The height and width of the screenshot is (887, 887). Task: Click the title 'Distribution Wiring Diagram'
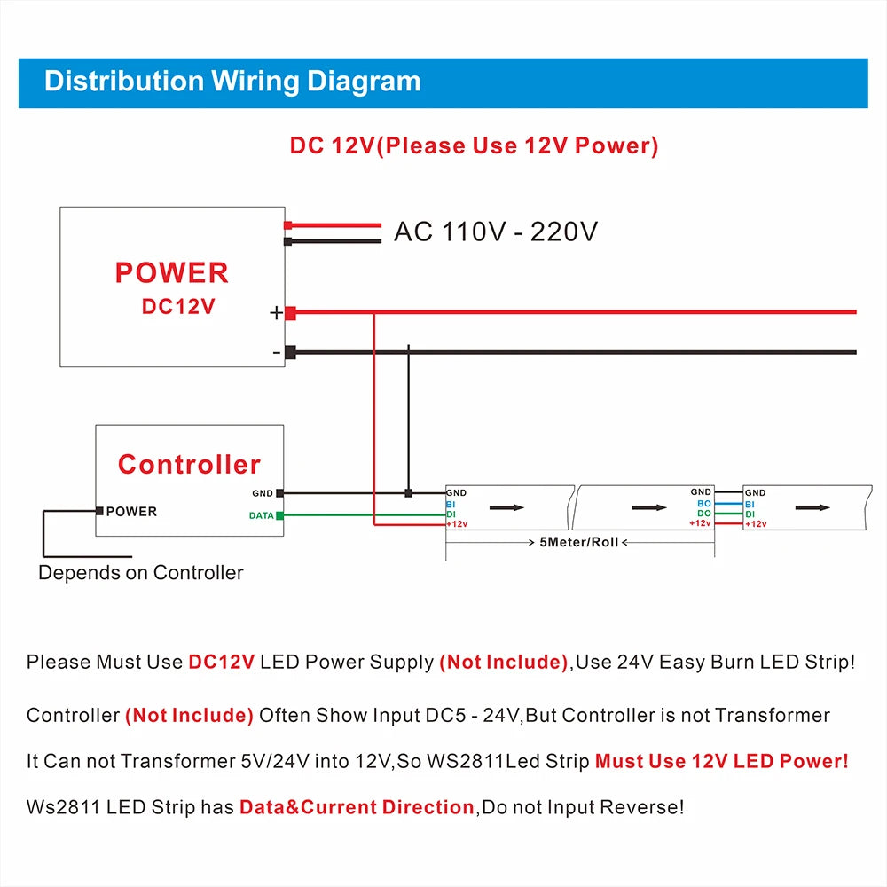(232, 82)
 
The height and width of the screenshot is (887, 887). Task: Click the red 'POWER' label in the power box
(172, 272)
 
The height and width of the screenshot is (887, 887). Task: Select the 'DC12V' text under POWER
(178, 306)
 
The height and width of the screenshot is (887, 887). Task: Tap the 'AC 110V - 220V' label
(496, 232)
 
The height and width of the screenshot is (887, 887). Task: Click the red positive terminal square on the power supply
(290, 312)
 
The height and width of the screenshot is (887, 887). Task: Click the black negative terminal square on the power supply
(290, 352)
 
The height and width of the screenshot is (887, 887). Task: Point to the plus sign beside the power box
(276, 312)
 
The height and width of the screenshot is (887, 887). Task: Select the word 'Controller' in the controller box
(189, 464)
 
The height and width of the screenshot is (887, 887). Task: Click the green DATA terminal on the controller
(280, 515)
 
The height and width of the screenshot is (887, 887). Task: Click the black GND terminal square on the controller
(280, 493)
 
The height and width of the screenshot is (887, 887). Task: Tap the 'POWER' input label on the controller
(131, 511)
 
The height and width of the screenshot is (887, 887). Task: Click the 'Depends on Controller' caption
(140, 572)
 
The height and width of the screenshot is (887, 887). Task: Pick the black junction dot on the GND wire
(408, 493)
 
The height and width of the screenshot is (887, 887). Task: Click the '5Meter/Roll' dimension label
(579, 541)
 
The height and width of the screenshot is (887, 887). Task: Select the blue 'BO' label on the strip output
(703, 503)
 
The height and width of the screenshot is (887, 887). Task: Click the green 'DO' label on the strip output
(703, 514)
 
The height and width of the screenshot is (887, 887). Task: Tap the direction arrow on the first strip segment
(506, 507)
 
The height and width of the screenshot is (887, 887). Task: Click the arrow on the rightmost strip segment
(812, 507)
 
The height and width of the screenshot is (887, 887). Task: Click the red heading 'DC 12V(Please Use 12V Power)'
(474, 145)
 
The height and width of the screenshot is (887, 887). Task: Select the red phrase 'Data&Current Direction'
(357, 807)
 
